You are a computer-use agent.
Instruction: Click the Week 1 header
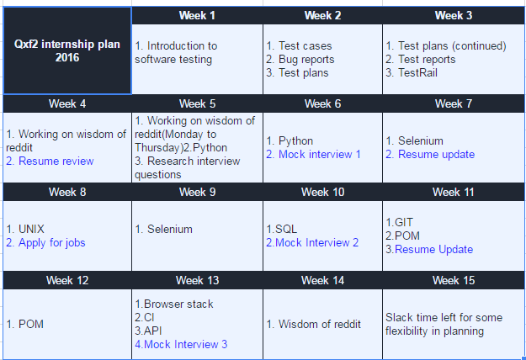pyautogui.click(x=197, y=15)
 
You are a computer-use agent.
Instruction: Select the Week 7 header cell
pyautogui.click(x=454, y=103)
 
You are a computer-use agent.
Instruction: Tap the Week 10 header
pyautogui.click(x=322, y=192)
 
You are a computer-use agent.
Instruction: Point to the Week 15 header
pyautogui.click(x=454, y=280)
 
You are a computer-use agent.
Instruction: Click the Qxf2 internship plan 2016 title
pyautogui.click(x=67, y=50)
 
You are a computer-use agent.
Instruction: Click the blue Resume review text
pyautogui.click(x=50, y=161)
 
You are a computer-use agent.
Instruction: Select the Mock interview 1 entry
pyautogui.click(x=313, y=154)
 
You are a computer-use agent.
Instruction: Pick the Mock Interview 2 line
pyautogui.click(x=312, y=242)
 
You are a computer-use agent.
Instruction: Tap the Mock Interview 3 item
pyautogui.click(x=181, y=344)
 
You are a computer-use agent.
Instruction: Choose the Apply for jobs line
pyautogui.click(x=45, y=243)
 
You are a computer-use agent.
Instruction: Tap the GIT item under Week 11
pyautogui.click(x=399, y=222)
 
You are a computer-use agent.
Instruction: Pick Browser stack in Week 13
pyautogui.click(x=174, y=304)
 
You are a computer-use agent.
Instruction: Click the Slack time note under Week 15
pyautogui.click(x=444, y=324)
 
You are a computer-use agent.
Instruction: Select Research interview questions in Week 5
pyautogui.click(x=187, y=167)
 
